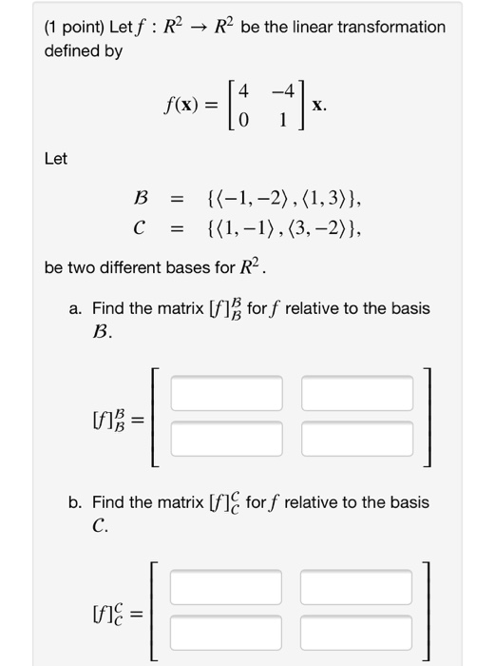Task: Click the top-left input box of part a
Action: pyautogui.click(x=227, y=392)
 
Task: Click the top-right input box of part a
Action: pyautogui.click(x=357, y=392)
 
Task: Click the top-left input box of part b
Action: pyautogui.click(x=227, y=585)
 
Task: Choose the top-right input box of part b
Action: pyautogui.click(x=357, y=585)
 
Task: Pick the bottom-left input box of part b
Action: pyautogui.click(x=227, y=630)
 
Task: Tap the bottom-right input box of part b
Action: pyautogui.click(x=357, y=630)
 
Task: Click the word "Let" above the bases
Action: pyautogui.click(x=56, y=159)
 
